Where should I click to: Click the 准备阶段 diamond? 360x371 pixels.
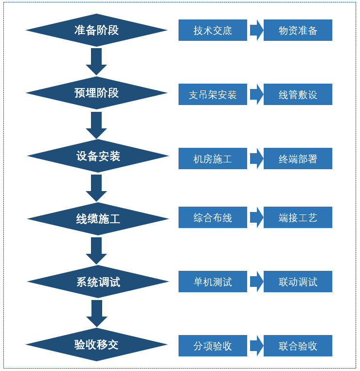[x=96, y=30]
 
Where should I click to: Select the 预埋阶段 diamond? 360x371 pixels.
[x=96, y=93]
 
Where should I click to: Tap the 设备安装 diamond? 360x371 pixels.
[x=98, y=156]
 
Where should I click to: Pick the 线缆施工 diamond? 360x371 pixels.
[x=98, y=219]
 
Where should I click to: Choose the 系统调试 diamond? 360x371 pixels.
[x=98, y=282]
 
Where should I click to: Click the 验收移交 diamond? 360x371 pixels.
[x=96, y=345]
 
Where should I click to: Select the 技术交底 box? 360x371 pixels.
[x=213, y=30]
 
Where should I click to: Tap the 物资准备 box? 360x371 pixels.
[x=298, y=30]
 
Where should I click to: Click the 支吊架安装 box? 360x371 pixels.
[x=213, y=94]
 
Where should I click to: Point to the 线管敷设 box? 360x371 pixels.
[x=298, y=94]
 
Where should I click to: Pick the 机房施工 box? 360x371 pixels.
[x=213, y=159]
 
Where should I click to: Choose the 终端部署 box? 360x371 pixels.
[x=298, y=159]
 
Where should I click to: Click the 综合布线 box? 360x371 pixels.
[x=213, y=217]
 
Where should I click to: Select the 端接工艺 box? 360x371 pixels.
[x=298, y=217]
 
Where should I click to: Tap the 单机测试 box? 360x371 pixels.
[x=213, y=282]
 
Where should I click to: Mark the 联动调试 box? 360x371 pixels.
[x=298, y=282]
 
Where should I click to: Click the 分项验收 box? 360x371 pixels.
[x=213, y=346]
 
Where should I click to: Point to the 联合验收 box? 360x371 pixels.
[x=298, y=346]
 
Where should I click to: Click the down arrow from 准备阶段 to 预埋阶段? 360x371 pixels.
[x=96, y=61]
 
